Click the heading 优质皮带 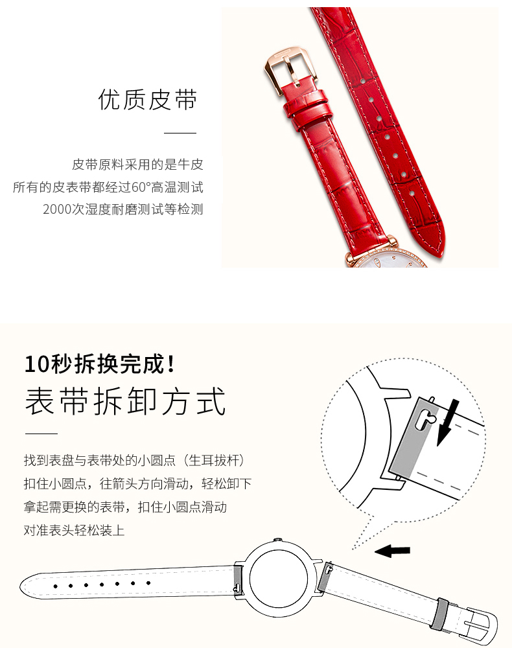point(148,100)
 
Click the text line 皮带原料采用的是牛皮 point(137,165)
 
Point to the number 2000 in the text point(57,209)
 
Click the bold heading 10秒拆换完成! point(100,364)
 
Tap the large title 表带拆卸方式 point(125,401)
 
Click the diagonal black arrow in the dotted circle point(448,422)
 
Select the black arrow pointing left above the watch point(392,550)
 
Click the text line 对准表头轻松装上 point(74,530)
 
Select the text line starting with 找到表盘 point(134,460)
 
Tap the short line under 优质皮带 point(180,133)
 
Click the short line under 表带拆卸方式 point(41,434)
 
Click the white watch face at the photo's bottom point(388,260)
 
